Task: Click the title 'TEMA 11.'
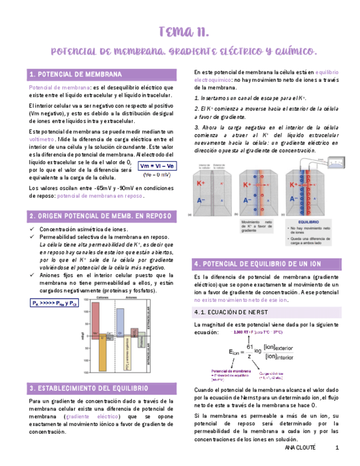coord(183,31)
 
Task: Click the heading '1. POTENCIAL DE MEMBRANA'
coord(75,74)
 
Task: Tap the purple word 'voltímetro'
coord(42,139)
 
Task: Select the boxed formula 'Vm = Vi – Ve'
coord(156,166)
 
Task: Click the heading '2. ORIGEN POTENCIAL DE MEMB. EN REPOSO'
coord(99,215)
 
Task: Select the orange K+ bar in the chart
coord(102,352)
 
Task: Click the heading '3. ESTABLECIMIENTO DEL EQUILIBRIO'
coord(88,388)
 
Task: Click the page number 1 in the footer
coord(336,448)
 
